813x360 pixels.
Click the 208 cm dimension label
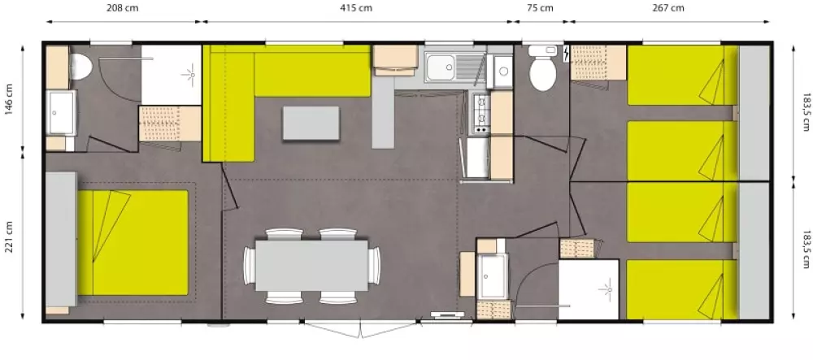click(123, 8)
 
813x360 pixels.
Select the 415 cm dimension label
click(356, 8)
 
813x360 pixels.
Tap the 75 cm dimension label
click(540, 8)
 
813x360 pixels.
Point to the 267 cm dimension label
click(668, 8)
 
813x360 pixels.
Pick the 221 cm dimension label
click(9, 237)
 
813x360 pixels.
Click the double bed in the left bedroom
click(133, 242)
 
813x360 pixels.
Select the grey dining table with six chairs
click(311, 265)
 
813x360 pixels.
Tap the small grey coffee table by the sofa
click(311, 123)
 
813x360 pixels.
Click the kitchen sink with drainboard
click(454, 67)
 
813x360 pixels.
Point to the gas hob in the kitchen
click(481, 114)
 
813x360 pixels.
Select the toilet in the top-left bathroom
click(80, 67)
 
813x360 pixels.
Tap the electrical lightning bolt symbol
click(565, 53)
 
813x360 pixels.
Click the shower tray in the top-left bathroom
click(172, 75)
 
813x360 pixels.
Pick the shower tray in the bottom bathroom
click(589, 289)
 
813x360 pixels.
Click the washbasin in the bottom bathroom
click(492, 276)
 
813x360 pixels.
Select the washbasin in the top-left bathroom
click(61, 112)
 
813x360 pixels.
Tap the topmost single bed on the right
click(682, 75)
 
